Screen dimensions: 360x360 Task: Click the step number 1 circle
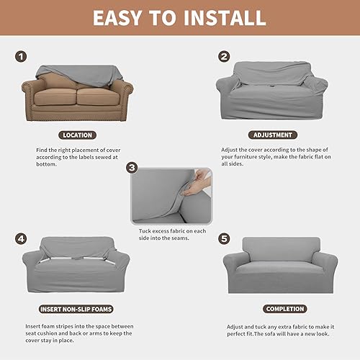coord(22,55)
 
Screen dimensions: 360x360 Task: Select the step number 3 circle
coord(131,167)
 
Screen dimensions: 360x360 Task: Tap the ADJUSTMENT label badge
coord(271,135)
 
